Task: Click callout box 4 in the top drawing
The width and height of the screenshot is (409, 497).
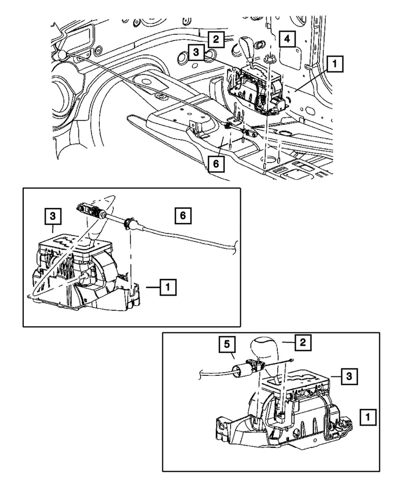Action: click(x=287, y=39)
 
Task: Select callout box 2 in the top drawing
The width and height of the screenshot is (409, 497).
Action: click(x=216, y=39)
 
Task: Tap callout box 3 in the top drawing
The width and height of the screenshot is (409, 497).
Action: click(x=196, y=52)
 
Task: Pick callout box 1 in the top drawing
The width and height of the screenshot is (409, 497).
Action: click(x=335, y=64)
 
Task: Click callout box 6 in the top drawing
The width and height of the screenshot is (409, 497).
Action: click(x=216, y=164)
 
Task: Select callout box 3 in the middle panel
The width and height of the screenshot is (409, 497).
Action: click(x=53, y=216)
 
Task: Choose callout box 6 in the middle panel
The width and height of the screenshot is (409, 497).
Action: click(x=183, y=216)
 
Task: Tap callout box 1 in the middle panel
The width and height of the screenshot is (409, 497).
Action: click(x=168, y=287)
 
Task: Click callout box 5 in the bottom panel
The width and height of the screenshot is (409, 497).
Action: click(x=228, y=344)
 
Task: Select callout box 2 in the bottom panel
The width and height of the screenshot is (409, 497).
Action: click(x=303, y=342)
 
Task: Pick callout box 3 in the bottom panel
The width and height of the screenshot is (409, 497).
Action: click(x=349, y=376)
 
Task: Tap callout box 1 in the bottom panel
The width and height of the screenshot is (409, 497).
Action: click(x=368, y=417)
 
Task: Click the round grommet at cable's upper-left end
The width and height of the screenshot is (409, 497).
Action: click(x=63, y=54)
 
